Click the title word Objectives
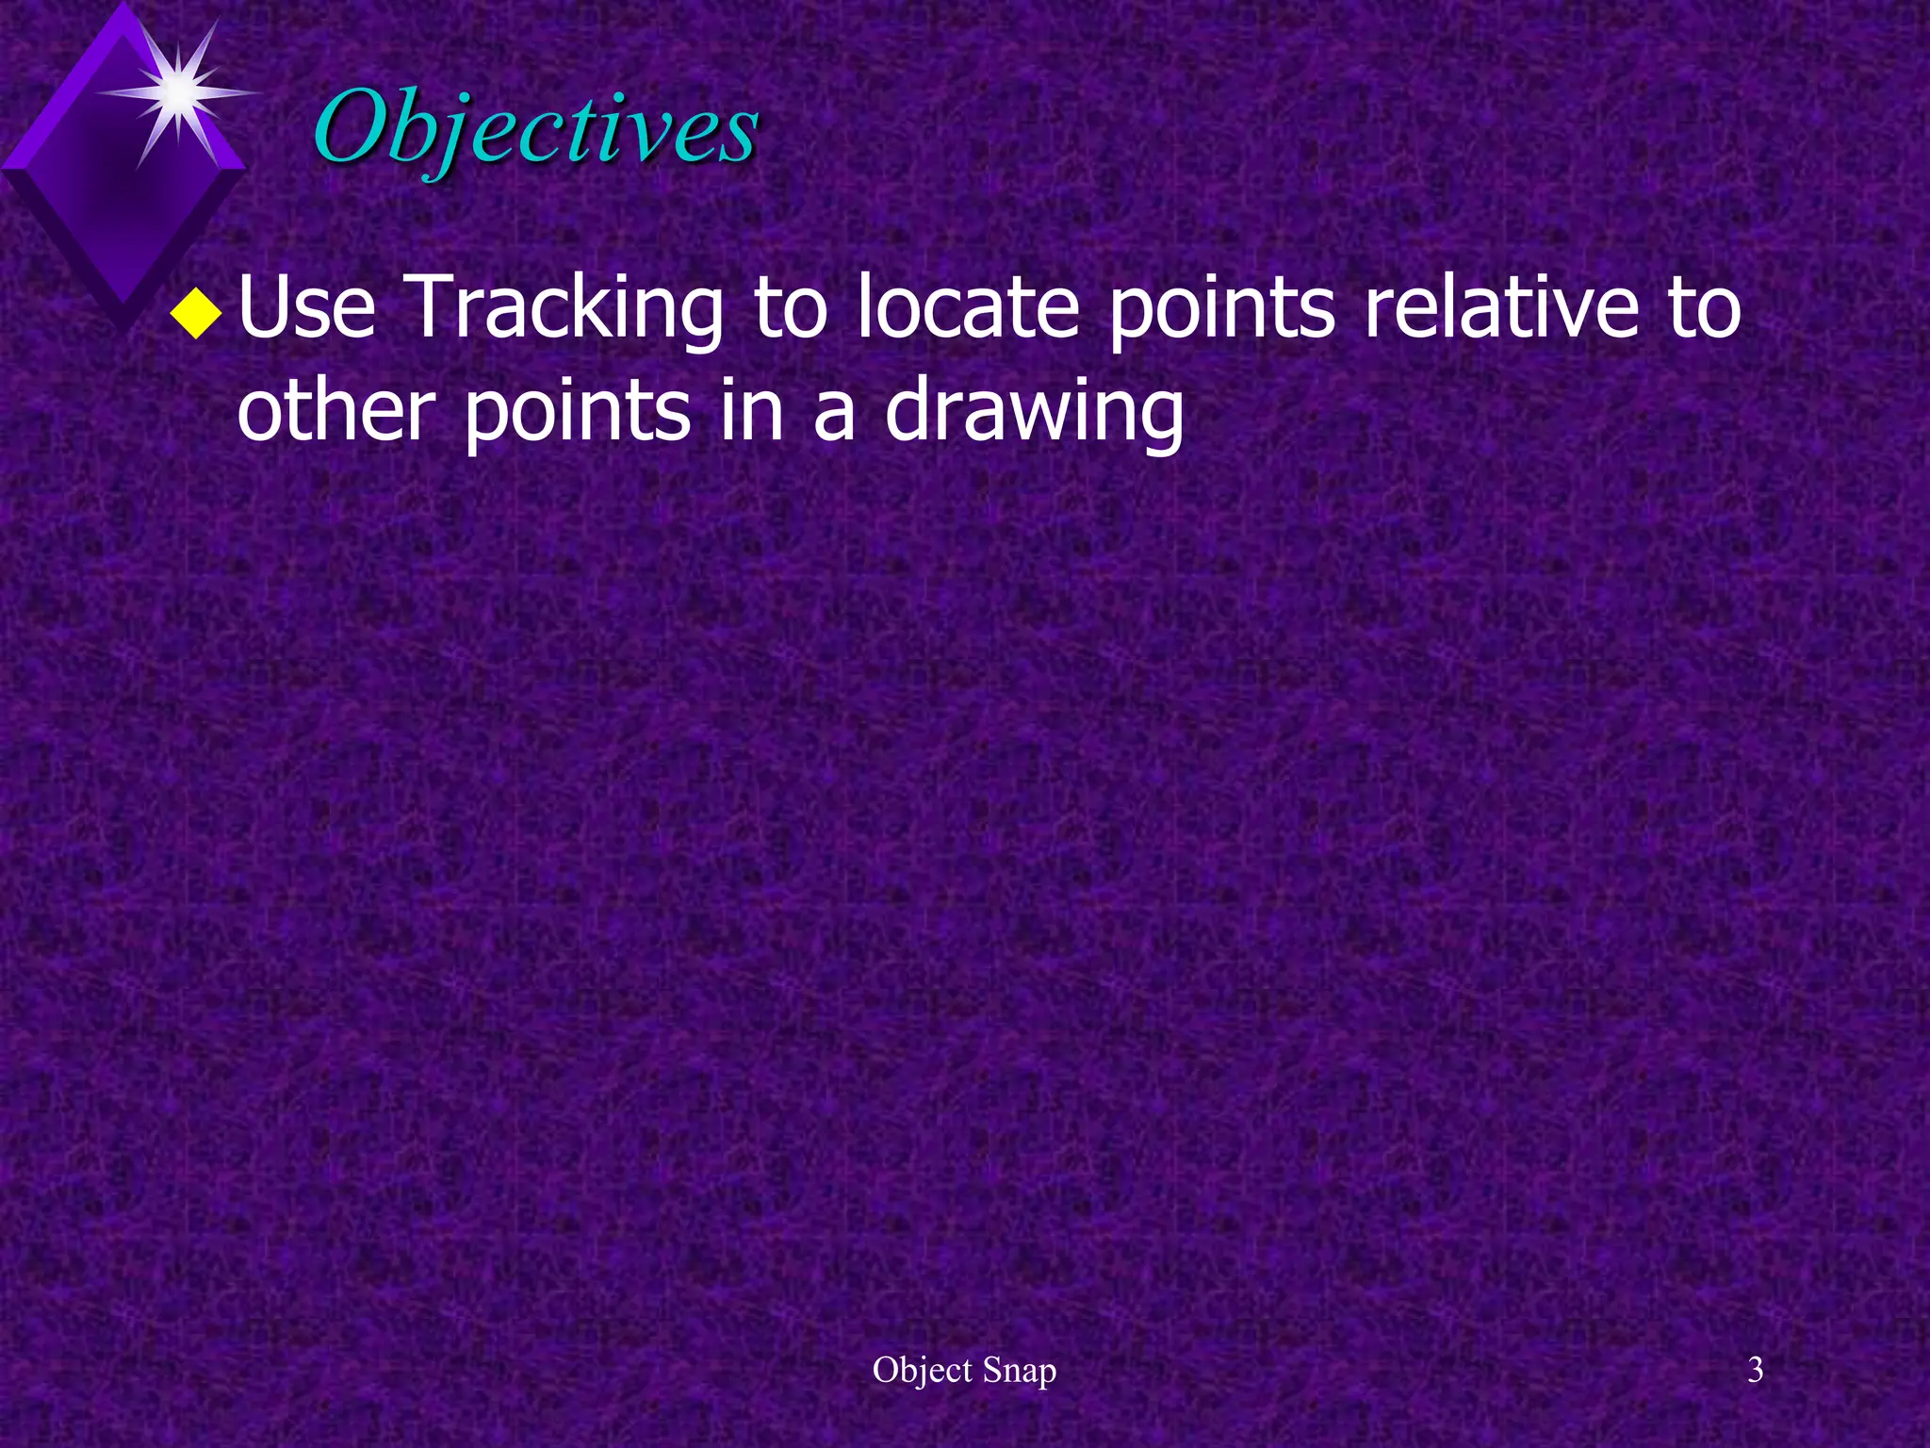(x=535, y=128)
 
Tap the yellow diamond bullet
(x=196, y=313)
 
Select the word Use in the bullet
(x=307, y=307)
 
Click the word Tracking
(x=566, y=309)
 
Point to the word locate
(x=968, y=307)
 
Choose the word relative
(x=1501, y=307)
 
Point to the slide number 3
(x=1755, y=1370)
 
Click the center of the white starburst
(x=178, y=92)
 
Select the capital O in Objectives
(x=352, y=127)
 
